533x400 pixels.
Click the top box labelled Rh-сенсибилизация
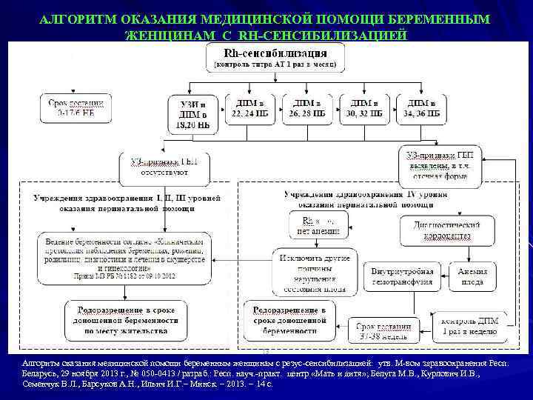[275, 58]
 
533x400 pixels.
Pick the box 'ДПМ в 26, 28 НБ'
[307, 109]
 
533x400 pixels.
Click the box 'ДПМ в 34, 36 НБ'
[423, 109]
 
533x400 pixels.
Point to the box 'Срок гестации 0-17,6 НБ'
[71, 107]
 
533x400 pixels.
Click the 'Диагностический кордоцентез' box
[446, 230]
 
